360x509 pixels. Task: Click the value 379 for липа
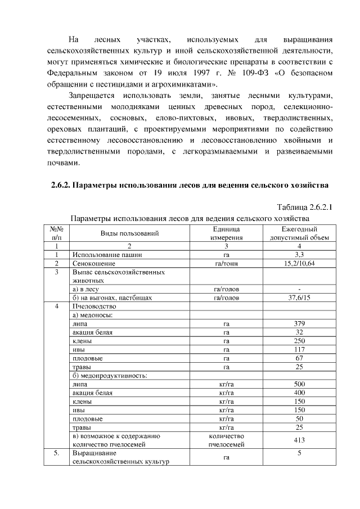[299, 324]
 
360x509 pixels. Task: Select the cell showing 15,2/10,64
[299, 263]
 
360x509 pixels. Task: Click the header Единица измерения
[227, 233]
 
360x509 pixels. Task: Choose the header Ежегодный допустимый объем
[299, 233]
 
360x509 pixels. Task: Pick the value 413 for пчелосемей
[299, 440]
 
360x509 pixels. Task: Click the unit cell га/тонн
[227, 263]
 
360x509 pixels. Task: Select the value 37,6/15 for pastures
[299, 298]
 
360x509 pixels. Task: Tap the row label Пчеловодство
[94, 307]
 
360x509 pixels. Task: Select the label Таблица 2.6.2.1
[304, 207]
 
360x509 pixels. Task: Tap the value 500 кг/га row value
[299, 384]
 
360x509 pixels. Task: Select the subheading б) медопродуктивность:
[110, 375]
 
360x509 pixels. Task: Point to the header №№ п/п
[56, 233]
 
